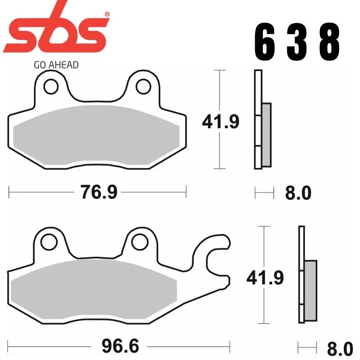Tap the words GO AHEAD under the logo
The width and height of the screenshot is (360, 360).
point(56,65)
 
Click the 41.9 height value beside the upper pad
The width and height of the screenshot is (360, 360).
point(220,121)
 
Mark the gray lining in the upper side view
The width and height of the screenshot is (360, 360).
point(266,134)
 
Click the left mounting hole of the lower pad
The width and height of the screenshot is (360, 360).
point(47,241)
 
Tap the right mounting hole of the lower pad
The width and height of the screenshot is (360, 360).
point(140,241)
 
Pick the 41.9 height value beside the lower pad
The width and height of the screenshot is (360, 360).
point(265,278)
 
